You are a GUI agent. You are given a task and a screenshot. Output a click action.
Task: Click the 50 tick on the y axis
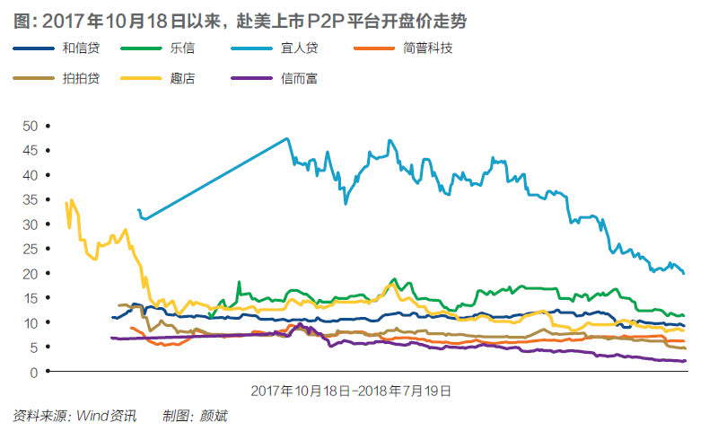coord(31,126)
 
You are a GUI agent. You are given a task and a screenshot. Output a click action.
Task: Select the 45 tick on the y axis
coord(31,150)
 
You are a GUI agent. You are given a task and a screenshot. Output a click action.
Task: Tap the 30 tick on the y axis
coord(31,224)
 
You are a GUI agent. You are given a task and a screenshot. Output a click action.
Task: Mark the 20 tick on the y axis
coord(31,273)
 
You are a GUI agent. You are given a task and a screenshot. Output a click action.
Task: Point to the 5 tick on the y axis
coord(34,347)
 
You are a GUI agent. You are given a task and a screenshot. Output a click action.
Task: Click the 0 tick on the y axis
coord(34,372)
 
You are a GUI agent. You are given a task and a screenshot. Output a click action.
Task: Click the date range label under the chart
coord(351,391)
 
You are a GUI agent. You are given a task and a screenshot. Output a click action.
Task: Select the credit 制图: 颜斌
coord(195,417)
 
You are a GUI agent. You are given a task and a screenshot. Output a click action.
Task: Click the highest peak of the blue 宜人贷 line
coord(287,138)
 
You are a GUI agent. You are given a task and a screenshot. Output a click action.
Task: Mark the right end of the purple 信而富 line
coord(686,361)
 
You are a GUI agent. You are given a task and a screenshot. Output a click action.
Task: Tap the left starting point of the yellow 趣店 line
coord(66,203)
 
